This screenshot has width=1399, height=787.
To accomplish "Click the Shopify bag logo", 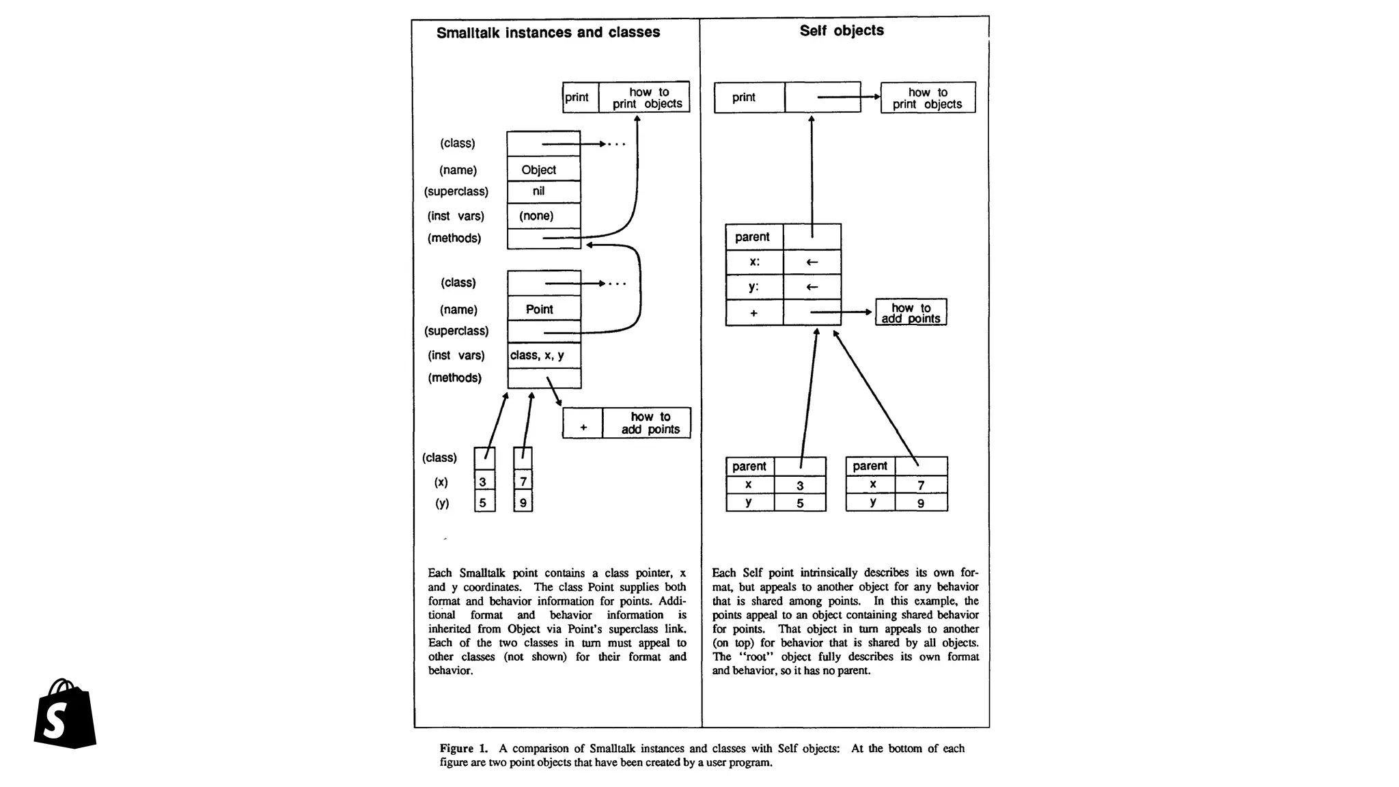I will tap(65, 714).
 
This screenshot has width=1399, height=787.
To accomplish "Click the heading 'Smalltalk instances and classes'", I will tap(548, 32).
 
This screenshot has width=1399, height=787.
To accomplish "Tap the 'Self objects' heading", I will tap(842, 31).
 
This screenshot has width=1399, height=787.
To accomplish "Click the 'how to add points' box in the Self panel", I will tap(911, 313).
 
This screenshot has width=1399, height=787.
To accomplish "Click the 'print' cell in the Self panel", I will tap(749, 98).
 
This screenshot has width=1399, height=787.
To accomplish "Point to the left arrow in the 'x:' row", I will tap(812, 262).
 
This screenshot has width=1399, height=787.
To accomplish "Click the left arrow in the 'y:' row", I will tap(812, 287).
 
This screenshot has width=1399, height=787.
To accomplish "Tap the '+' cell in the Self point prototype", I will tap(753, 313).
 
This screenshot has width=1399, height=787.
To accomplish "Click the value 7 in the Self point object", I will tap(921, 485).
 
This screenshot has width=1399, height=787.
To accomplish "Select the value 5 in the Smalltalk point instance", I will tap(484, 503).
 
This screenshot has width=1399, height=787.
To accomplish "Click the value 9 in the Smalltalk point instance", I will tap(523, 503).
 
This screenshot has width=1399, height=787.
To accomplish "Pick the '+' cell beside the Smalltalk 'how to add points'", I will tap(583, 427).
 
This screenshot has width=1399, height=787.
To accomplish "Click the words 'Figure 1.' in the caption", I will tap(463, 748).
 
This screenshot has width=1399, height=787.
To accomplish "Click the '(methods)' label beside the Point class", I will tap(454, 378).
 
